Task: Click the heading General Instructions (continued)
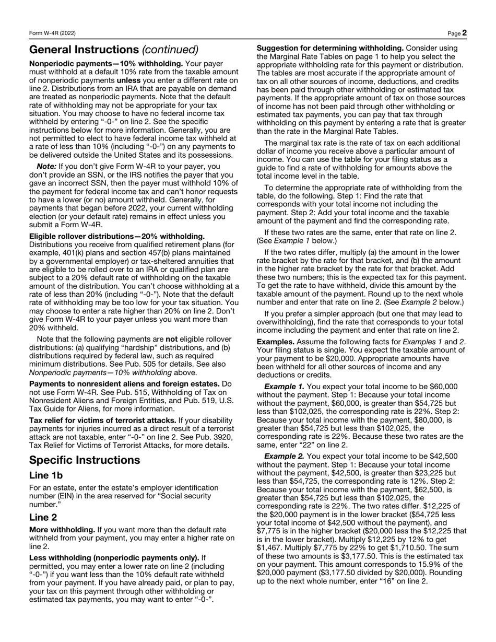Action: [114, 50]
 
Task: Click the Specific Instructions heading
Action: [85, 460]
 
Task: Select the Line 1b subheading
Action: [46, 475]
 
